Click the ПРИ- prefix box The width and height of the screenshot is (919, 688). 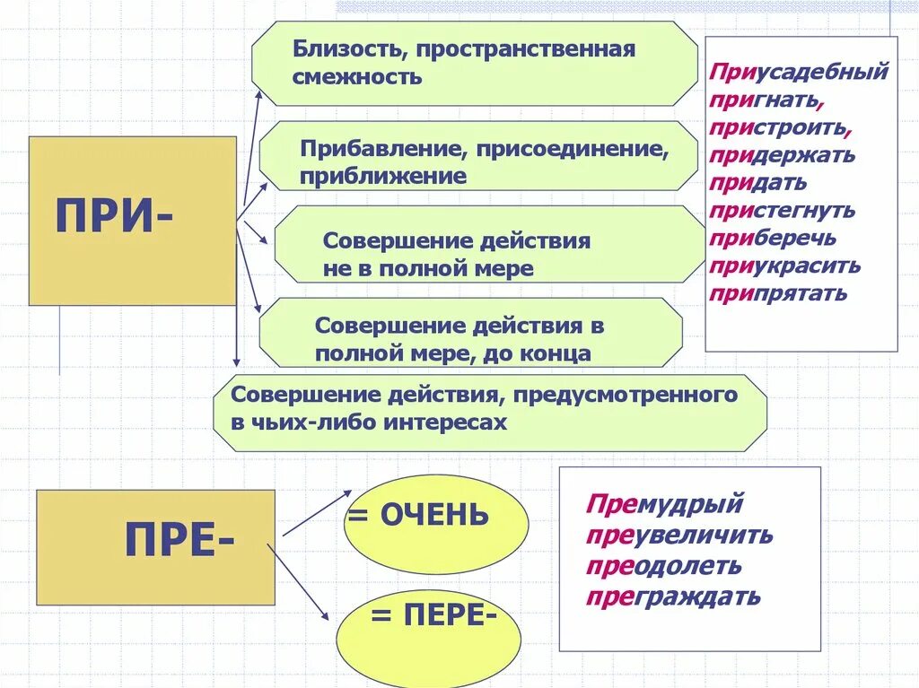tap(133, 221)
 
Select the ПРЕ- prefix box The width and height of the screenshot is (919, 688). tap(155, 546)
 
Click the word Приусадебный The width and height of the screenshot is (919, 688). tap(799, 72)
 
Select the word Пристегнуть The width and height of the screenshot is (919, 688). tap(782, 211)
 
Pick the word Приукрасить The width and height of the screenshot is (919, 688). tap(784, 266)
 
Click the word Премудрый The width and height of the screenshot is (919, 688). tap(665, 504)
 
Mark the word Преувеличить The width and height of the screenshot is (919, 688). tap(679, 536)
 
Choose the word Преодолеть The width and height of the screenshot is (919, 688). tap(664, 566)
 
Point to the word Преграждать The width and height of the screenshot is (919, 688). tap(673, 596)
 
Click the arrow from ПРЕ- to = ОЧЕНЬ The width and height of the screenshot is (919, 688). tap(316, 514)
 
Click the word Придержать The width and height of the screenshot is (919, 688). tap(782, 155)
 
